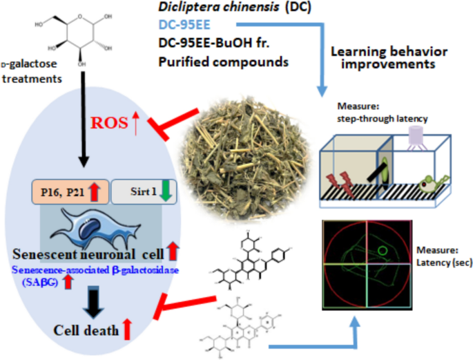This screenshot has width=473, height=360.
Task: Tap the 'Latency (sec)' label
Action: coord(438,258)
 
